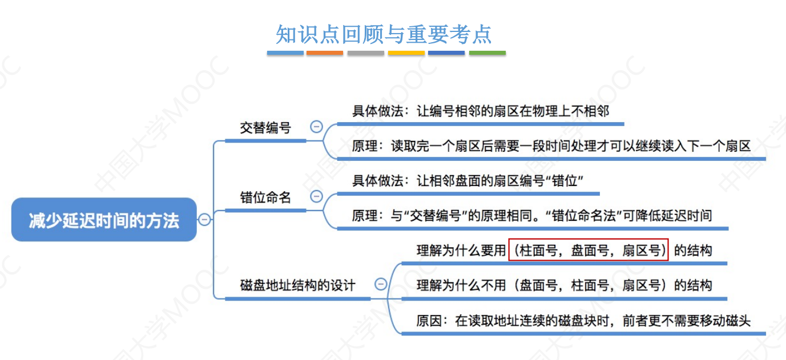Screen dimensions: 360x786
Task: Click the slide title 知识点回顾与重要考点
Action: (383, 34)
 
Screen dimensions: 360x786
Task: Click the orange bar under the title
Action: (325, 53)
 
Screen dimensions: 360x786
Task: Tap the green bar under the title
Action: (487, 53)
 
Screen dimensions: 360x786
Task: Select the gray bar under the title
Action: (365, 53)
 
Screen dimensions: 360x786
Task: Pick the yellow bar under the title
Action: (406, 53)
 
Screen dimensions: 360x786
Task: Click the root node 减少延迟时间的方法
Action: (104, 220)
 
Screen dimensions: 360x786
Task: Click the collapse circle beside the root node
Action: (204, 220)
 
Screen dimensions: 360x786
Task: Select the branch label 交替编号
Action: (265, 128)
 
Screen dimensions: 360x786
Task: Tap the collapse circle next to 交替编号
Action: (316, 127)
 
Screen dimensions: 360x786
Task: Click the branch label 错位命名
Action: (265, 197)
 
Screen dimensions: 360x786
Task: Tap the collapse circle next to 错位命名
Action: (316, 197)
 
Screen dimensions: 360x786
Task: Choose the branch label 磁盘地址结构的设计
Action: (297, 285)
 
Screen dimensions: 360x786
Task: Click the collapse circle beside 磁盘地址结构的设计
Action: (381, 284)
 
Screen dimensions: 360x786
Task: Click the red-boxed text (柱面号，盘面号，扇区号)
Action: (589, 250)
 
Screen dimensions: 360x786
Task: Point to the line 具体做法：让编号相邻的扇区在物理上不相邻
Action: (481, 111)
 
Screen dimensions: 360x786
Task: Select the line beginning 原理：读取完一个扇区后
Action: (551, 146)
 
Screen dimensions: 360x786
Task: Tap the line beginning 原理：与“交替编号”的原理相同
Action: (531, 216)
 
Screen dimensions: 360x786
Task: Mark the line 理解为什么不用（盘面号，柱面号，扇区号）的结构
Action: (564, 285)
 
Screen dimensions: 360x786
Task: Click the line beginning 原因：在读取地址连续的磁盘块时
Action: (583, 321)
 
